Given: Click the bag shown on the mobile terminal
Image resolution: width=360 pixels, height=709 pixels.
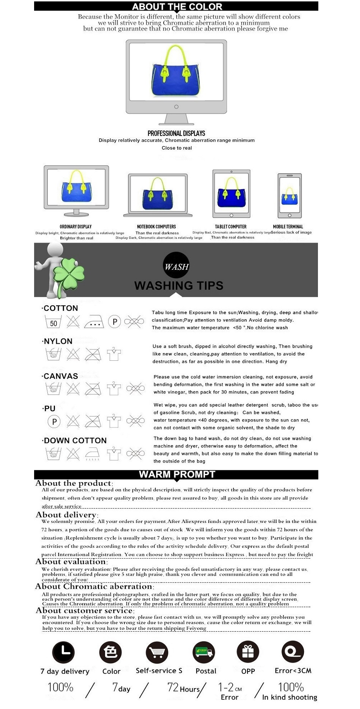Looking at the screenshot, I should tap(290, 196).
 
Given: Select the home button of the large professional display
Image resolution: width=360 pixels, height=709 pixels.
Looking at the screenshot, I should tap(176, 107).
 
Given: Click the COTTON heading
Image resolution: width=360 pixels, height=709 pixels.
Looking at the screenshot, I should tap(61, 308).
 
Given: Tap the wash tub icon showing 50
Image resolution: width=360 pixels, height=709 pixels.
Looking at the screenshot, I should tap(53, 322).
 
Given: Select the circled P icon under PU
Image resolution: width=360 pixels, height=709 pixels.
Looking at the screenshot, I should tap(54, 421).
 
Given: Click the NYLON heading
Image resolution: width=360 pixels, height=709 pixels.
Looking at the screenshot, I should tap(58, 341).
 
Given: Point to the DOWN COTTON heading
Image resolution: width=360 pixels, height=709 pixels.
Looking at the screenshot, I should tap(75, 440).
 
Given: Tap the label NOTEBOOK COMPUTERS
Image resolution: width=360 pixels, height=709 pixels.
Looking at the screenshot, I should tap(157, 227).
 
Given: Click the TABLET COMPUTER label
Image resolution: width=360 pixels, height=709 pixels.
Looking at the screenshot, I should tap(231, 227).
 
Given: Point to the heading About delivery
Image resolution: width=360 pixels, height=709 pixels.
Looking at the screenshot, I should tap(67, 515).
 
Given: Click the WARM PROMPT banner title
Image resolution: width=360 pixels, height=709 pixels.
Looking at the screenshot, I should tap(177, 474).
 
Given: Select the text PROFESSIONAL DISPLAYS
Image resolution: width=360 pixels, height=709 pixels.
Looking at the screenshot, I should tap(176, 133).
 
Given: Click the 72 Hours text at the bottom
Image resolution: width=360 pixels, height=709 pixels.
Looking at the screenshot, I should tap(184, 688).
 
